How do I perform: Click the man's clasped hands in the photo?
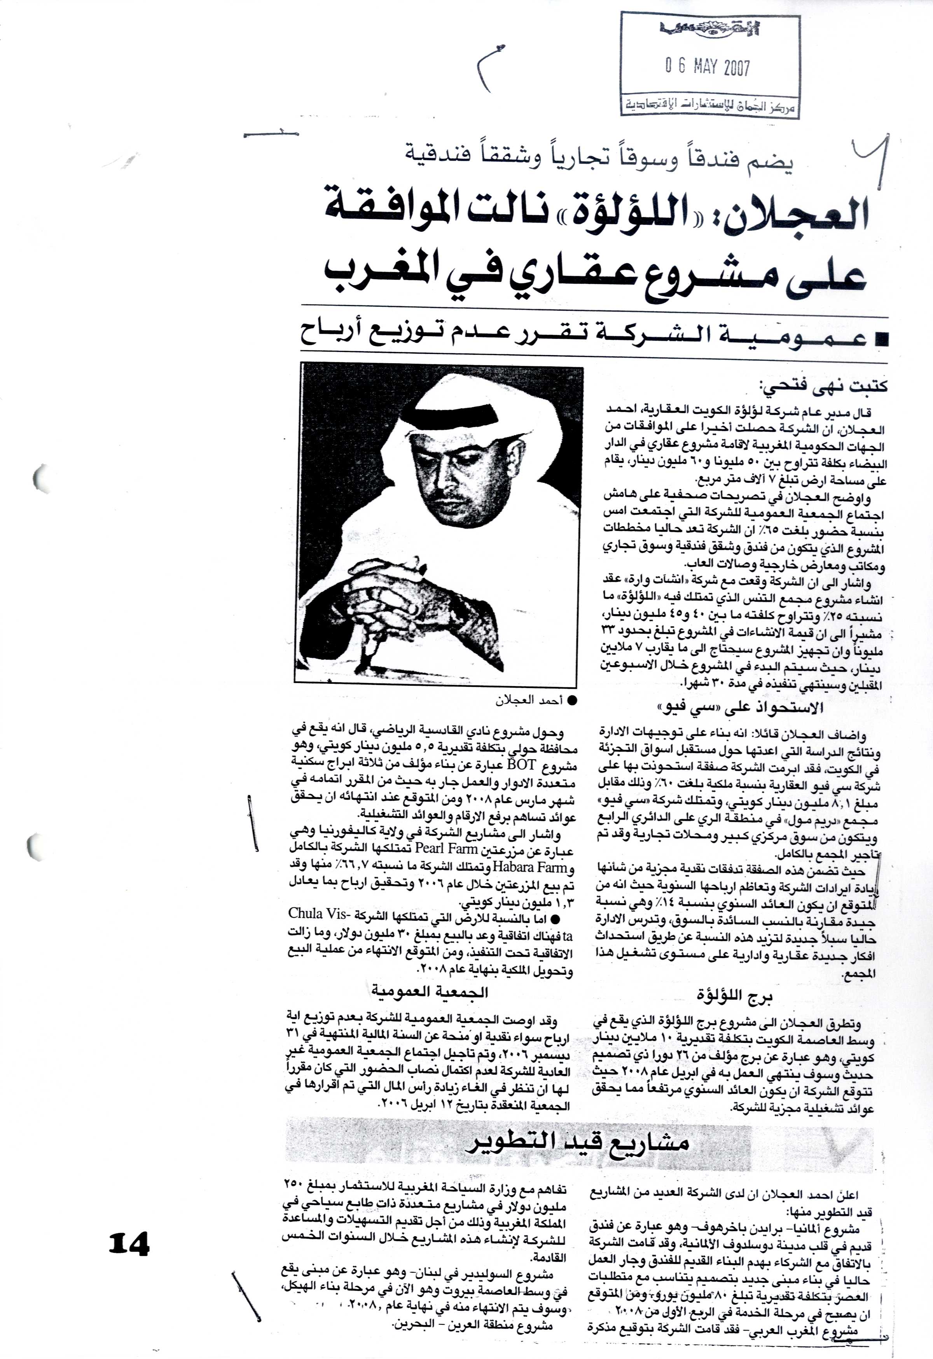pos(398,602)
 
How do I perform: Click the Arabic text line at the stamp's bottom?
pos(710,106)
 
